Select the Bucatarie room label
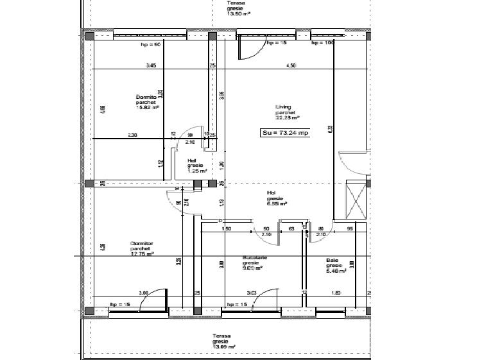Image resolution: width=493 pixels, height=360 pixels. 251,263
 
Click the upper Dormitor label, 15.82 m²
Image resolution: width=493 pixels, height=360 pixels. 146,102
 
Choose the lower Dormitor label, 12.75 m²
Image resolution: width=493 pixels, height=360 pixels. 141,249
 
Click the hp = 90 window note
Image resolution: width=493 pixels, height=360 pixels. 150,46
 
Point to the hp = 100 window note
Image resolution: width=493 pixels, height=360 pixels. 323,43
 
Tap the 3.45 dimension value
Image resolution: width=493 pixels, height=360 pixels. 151,65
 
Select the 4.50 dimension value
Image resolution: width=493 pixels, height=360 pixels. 291,65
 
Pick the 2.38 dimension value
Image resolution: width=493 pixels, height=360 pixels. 132,134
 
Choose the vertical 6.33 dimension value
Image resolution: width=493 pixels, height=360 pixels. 330,128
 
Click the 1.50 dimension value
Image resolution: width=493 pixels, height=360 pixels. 226,228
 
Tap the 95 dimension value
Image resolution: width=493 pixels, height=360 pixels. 350,228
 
